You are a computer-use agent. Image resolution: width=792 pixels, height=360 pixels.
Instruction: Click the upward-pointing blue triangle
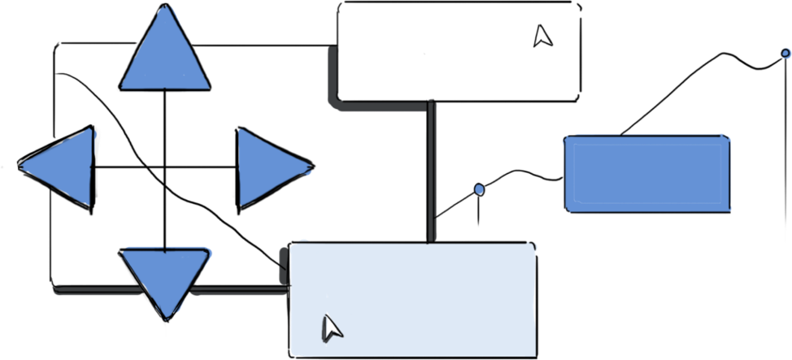(165, 57)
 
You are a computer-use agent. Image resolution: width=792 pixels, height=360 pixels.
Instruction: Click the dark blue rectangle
(646, 173)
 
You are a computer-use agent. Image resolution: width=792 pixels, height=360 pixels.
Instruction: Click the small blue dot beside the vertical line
(479, 189)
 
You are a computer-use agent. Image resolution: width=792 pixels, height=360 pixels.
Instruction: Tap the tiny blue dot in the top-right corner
(786, 53)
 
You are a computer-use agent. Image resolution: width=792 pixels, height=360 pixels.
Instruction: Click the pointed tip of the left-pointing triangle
(23, 166)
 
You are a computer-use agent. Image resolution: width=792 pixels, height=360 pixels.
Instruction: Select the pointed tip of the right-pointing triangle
(310, 168)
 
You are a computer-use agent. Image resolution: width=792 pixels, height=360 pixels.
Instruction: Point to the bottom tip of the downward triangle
(167, 316)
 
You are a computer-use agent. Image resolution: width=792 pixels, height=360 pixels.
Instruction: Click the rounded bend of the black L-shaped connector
(335, 102)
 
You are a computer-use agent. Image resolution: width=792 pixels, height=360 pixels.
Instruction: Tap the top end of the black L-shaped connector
(332, 50)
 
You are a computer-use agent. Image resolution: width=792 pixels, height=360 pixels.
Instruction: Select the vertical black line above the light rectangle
(433, 171)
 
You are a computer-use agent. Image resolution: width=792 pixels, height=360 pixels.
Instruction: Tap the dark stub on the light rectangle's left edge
(283, 265)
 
